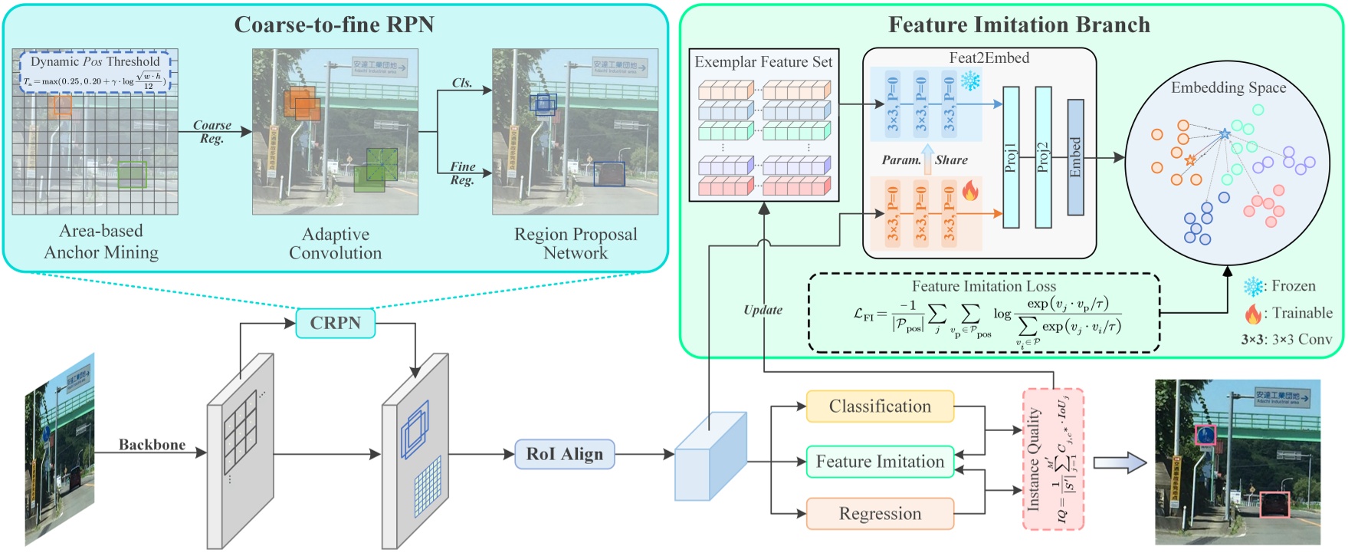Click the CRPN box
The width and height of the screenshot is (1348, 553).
point(335,323)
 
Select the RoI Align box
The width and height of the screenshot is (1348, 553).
point(564,454)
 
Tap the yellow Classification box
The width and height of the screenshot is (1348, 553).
point(880,407)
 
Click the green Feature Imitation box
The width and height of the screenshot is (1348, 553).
point(880,462)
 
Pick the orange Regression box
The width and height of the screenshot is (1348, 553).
point(880,514)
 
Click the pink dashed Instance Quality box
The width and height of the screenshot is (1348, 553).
point(1052,459)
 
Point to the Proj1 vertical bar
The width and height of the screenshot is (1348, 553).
point(1011,157)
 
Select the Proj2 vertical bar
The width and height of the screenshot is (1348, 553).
point(1043,157)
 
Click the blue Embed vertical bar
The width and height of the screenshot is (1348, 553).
point(1075,157)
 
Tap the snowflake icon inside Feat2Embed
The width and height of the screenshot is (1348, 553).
point(971,81)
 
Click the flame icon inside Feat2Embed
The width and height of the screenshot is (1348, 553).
point(970,190)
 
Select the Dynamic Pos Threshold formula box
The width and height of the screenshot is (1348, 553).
point(96,72)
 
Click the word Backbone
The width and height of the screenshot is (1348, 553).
point(152,445)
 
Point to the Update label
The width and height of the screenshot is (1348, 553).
point(763,310)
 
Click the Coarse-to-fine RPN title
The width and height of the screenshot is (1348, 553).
point(334,25)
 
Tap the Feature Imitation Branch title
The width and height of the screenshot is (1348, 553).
point(1018,25)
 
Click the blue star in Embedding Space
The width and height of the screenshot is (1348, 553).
point(1225,134)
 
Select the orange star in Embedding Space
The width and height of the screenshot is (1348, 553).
point(1190,160)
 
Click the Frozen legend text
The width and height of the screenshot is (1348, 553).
point(1293,286)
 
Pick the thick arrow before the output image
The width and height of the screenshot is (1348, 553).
point(1119,462)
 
